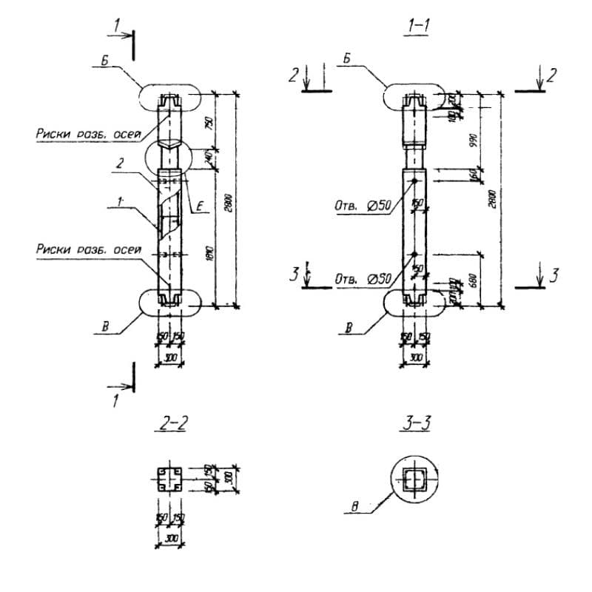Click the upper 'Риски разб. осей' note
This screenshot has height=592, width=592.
coord(87,134)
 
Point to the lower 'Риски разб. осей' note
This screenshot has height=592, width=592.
coord(87,249)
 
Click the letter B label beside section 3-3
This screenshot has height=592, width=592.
coord(356,507)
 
